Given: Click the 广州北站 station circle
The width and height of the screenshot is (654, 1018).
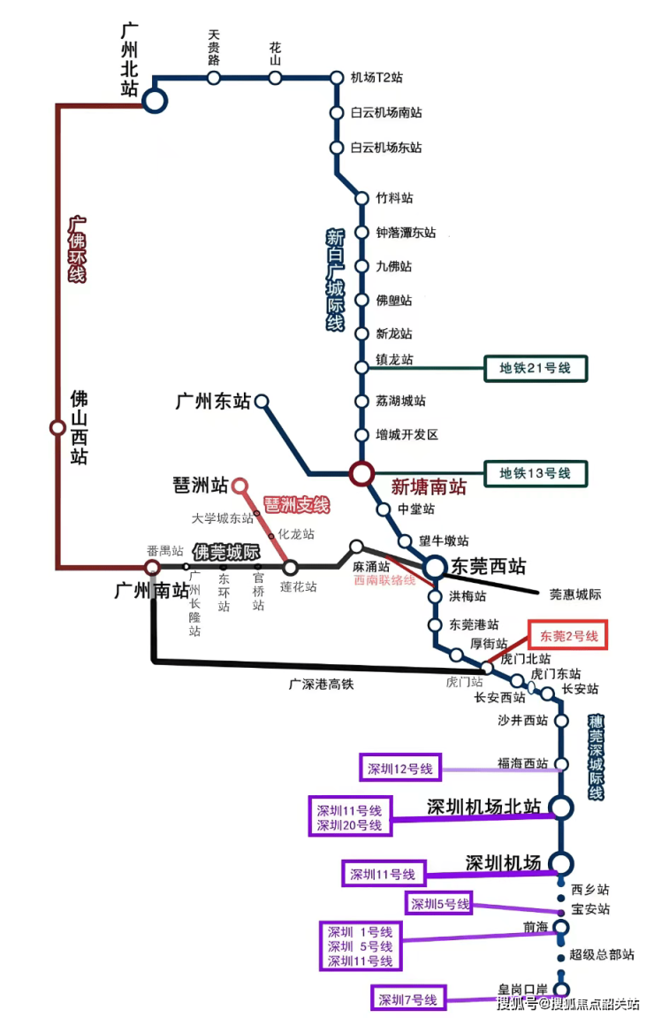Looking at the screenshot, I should pos(155,100).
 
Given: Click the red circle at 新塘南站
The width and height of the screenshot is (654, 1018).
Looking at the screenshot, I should pos(361,474).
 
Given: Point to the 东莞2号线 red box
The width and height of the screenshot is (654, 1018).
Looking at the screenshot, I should pos(568,636).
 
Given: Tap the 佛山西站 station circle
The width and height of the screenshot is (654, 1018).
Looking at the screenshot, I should pos(57,428).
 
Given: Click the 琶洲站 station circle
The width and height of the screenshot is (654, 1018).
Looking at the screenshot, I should pos(239,486).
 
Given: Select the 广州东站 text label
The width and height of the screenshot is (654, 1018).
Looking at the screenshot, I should pos(213,402).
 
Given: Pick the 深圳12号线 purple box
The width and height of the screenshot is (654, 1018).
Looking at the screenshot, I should pos(399,769).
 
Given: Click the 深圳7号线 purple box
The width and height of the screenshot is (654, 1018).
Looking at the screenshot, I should pos(409,999).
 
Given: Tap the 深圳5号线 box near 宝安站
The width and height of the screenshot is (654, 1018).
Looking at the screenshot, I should pos(439,904).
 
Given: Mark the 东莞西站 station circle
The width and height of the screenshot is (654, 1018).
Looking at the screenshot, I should pos(435,567).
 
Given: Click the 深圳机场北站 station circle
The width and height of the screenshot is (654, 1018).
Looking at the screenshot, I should pos(561,807).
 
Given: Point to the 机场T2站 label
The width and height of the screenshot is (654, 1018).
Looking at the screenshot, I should pos(376,78).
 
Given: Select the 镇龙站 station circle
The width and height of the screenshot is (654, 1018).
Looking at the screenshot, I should pos(361,367).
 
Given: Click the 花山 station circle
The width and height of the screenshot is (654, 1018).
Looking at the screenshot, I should pos(275,78).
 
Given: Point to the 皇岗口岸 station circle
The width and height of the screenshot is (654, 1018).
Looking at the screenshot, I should pos(560,991).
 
